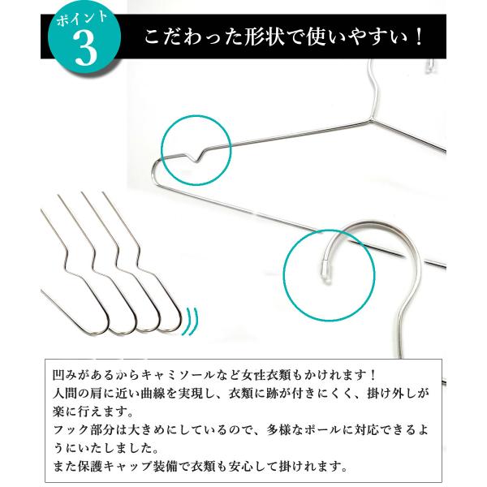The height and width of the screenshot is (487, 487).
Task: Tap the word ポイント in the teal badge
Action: coord(82,19)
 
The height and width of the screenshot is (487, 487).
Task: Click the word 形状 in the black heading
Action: coord(260,38)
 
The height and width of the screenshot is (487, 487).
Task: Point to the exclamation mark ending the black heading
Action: coord(418,38)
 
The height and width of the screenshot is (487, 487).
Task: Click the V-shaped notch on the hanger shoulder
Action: coord(196,155)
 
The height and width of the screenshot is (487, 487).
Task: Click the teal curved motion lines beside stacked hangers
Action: coord(192,321)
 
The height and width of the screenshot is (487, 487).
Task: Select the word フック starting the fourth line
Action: coord(71,430)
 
